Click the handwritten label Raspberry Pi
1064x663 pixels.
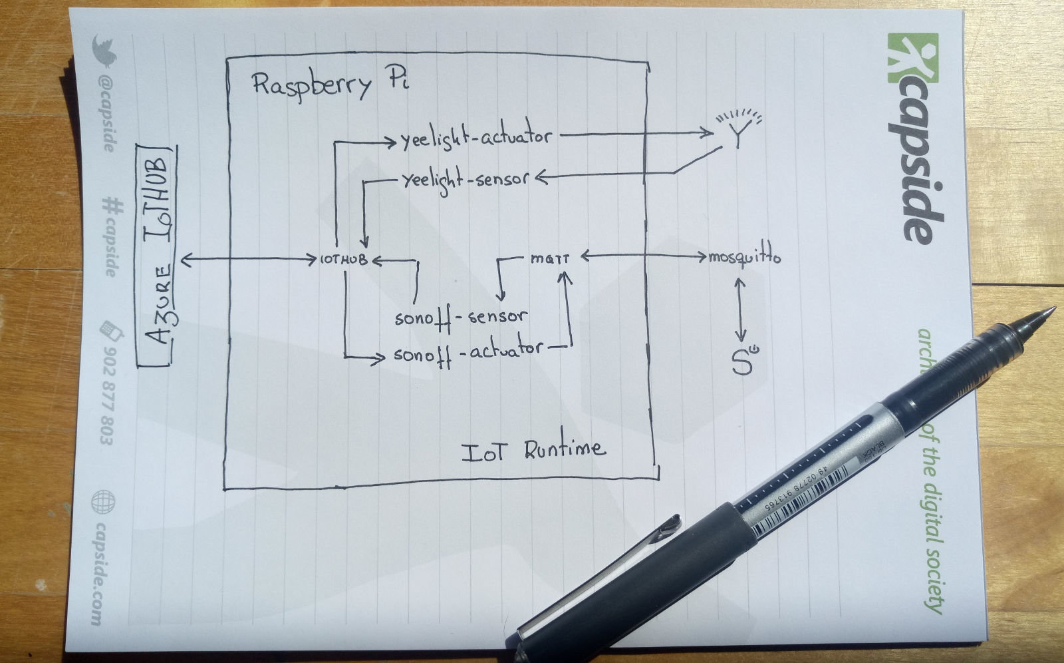point(331,86)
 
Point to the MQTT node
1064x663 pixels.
point(550,258)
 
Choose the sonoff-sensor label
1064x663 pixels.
point(460,317)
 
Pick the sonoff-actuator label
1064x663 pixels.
point(467,351)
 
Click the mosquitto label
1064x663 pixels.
point(744,257)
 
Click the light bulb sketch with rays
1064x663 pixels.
point(737,128)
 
